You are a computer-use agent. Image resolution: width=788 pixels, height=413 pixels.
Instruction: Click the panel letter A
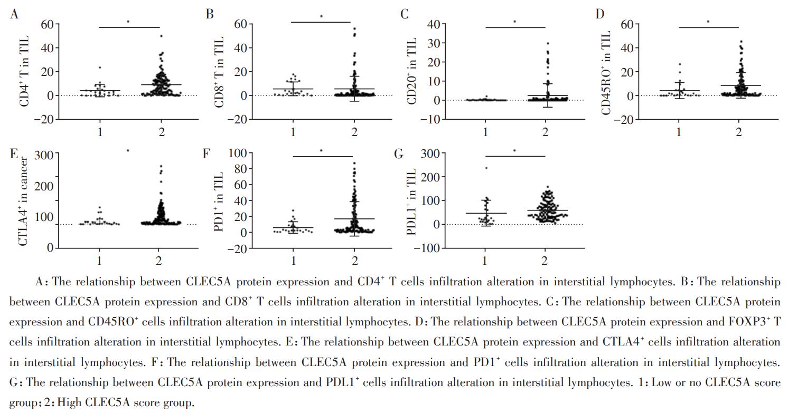pos(15,14)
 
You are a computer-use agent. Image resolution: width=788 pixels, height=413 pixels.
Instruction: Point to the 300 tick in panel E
pos(44,155)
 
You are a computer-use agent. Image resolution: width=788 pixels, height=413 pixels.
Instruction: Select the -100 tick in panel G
pos(429,248)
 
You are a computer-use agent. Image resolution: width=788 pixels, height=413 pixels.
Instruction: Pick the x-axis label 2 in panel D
pos(739,132)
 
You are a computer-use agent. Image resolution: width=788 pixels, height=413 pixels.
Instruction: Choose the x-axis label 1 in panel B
pos(293,132)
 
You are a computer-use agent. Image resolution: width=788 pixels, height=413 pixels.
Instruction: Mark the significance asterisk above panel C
pos(514,22)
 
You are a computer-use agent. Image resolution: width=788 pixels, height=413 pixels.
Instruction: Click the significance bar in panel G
pos(515,156)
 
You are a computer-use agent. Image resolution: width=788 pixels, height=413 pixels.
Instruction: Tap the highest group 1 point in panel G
pos(486,168)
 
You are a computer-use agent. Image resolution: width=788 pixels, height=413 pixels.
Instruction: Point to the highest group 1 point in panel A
pos(99,68)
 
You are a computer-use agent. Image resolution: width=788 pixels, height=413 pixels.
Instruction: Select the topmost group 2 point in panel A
pos(161,36)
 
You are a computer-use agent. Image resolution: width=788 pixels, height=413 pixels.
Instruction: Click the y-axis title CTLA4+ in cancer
pos(24,199)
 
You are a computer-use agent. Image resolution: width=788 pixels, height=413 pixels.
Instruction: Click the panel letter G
pos(399,154)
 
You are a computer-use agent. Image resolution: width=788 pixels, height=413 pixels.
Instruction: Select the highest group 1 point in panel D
pos(680,64)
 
